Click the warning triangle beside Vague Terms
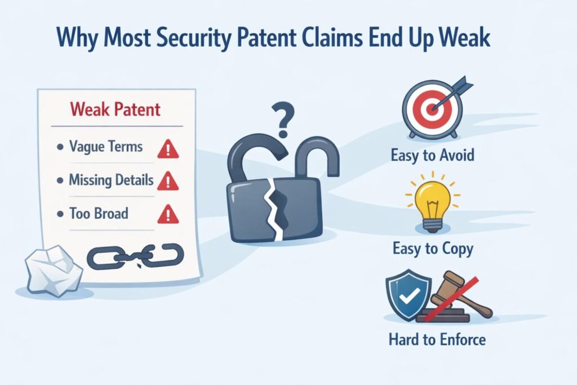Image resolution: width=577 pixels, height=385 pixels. coord(168,149)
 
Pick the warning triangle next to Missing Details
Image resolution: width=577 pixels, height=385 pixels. coord(168,182)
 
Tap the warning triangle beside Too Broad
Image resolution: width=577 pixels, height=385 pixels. coord(168,214)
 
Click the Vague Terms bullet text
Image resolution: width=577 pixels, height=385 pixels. coord(105,147)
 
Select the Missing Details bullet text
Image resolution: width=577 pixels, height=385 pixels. coord(110,180)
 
